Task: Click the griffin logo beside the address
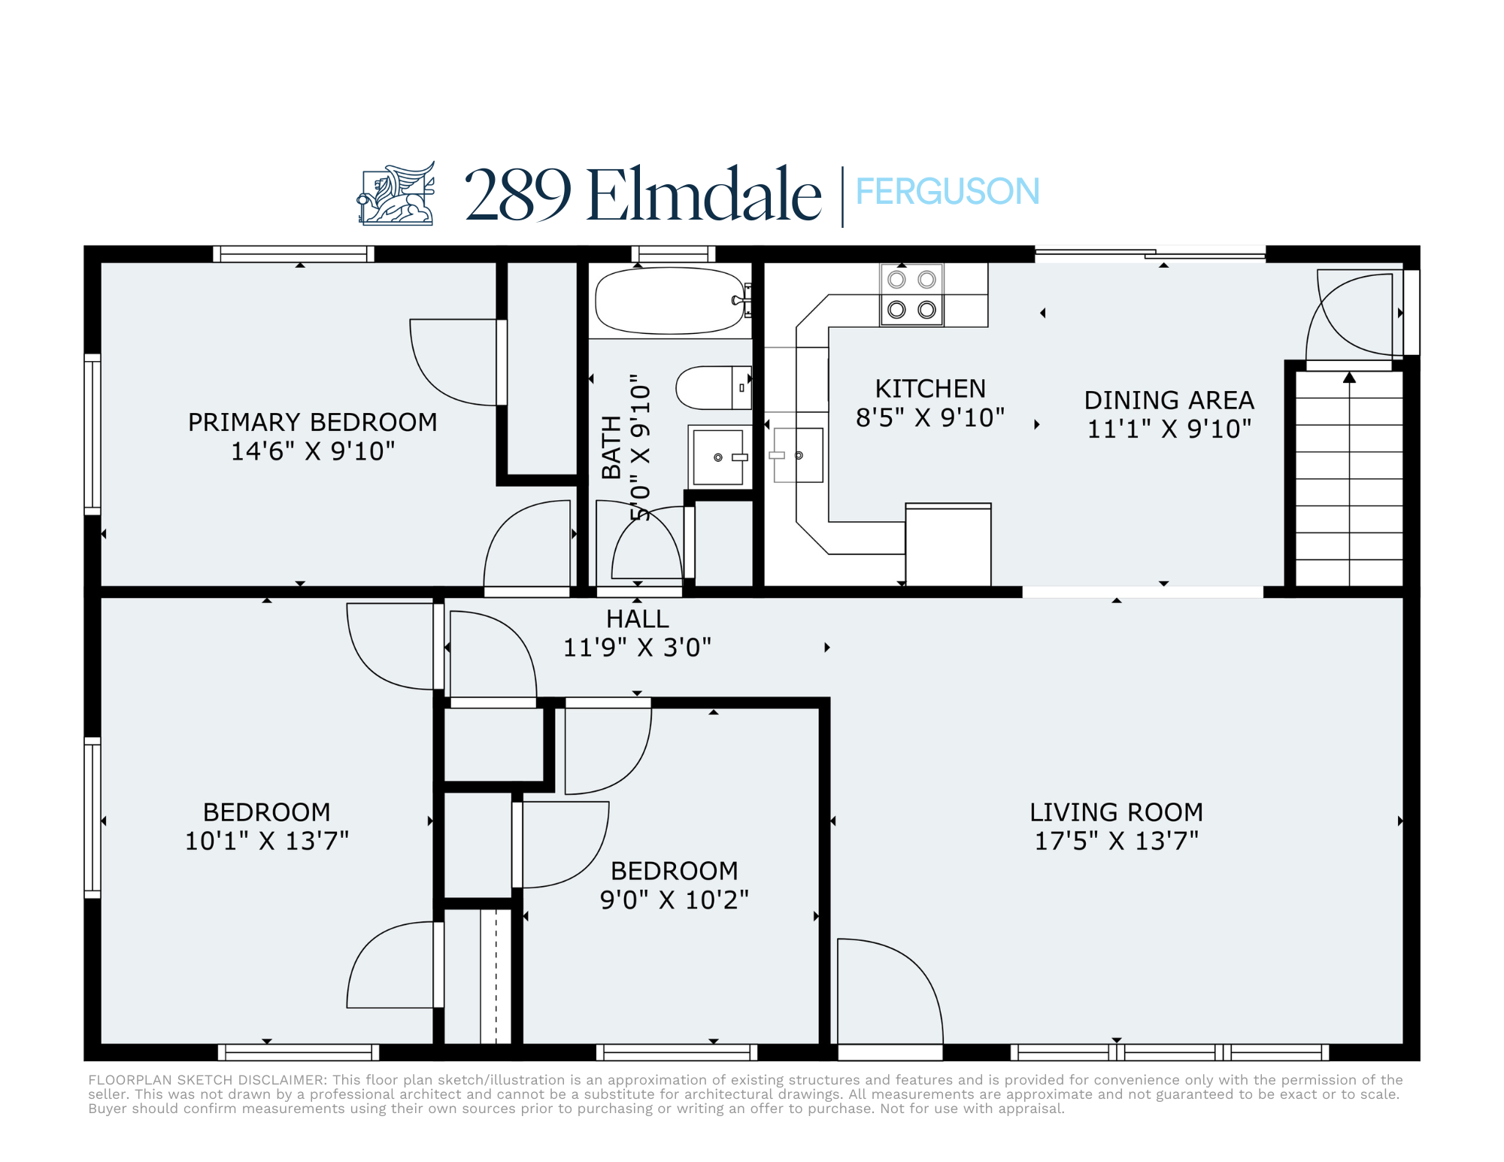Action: [396, 193]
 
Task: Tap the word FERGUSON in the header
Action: [948, 192]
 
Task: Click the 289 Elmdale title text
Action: [643, 194]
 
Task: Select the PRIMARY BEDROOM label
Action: [312, 422]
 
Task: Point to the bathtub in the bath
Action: [670, 301]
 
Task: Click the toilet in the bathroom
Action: [714, 387]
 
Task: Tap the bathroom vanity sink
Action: [718, 457]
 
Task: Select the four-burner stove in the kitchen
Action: [911, 295]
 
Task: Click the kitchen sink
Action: [799, 455]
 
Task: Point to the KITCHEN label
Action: [930, 389]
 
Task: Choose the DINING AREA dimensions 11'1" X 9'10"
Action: [1169, 429]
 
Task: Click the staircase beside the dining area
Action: [1349, 478]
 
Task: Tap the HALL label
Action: [638, 619]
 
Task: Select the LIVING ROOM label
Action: [1116, 812]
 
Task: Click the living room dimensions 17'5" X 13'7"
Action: [1117, 841]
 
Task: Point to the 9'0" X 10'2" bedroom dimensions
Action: [675, 900]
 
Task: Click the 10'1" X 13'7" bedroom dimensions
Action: [267, 841]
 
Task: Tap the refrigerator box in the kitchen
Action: [948, 545]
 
